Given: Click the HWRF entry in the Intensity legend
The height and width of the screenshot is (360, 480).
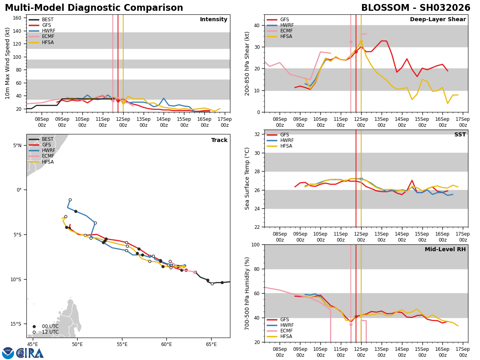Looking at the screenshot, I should (x=48, y=31).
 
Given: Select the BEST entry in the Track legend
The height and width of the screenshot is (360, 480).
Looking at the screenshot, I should (x=48, y=139).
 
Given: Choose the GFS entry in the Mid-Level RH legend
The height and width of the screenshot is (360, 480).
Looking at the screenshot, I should (x=284, y=320).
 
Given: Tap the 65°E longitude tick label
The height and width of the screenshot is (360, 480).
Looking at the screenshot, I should (x=211, y=344).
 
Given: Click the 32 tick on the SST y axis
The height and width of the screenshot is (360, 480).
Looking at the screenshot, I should (x=258, y=134).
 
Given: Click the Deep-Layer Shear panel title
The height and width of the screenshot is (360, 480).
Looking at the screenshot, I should (x=438, y=20).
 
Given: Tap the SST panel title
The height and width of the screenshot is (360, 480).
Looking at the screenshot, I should (x=460, y=135).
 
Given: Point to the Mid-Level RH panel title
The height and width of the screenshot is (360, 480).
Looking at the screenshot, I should (x=445, y=250).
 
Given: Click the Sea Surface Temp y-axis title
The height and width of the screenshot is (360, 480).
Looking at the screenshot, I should (x=248, y=178).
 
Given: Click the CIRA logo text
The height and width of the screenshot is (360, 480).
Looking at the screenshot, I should (x=30, y=353).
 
